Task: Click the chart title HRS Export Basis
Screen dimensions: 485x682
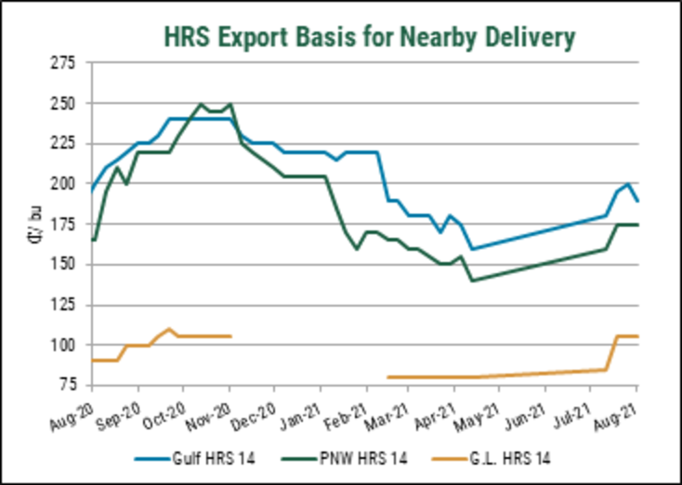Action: tap(369, 36)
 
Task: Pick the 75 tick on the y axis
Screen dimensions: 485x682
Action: tap(67, 385)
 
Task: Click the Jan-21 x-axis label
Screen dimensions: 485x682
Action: tap(303, 410)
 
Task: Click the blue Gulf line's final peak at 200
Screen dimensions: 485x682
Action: tap(628, 184)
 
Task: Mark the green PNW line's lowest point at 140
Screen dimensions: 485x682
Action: tap(473, 281)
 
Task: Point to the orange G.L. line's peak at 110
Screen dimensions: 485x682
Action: tap(168, 329)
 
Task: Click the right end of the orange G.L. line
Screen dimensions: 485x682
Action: tap(637, 335)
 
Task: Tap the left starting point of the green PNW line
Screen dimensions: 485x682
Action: tap(92, 240)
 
